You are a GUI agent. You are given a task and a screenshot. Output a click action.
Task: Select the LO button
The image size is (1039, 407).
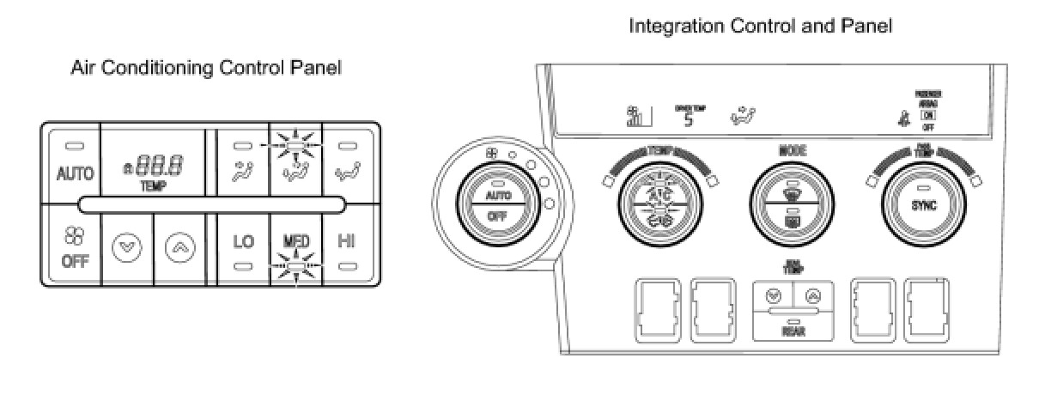[x=244, y=242]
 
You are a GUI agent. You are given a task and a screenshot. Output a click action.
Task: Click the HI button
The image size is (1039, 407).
[x=347, y=242]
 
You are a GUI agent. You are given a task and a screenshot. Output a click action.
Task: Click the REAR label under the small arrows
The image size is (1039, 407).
[x=793, y=331]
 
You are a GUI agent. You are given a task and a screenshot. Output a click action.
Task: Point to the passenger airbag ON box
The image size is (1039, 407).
[x=925, y=114]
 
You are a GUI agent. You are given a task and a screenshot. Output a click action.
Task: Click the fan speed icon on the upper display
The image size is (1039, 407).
[x=637, y=116]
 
